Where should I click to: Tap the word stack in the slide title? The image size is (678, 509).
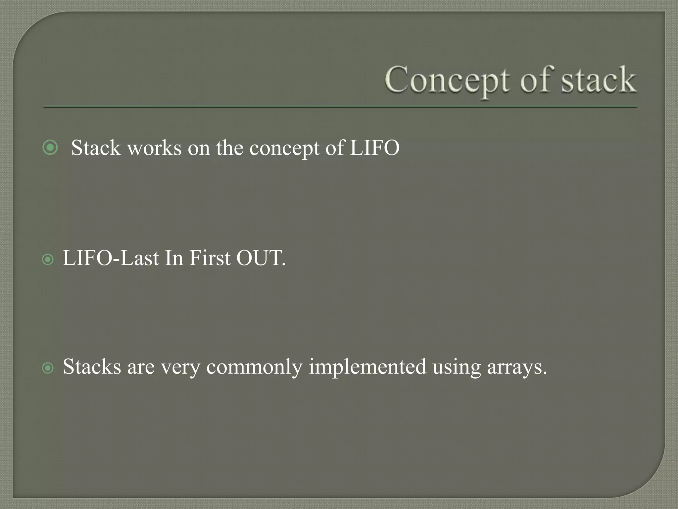(x=598, y=81)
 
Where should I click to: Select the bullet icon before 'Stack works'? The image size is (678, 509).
(x=50, y=147)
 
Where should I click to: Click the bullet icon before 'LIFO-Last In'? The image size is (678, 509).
(x=48, y=259)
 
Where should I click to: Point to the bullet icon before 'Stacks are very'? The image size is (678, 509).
(x=48, y=368)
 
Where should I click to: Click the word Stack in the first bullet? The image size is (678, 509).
(x=96, y=148)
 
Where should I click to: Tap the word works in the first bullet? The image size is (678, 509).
(x=154, y=148)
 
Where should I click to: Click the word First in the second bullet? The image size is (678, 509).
(x=209, y=258)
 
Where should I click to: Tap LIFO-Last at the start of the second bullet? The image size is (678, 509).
(x=111, y=258)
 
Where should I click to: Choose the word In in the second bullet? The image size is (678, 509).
(x=174, y=258)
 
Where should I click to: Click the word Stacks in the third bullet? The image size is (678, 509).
(x=92, y=367)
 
